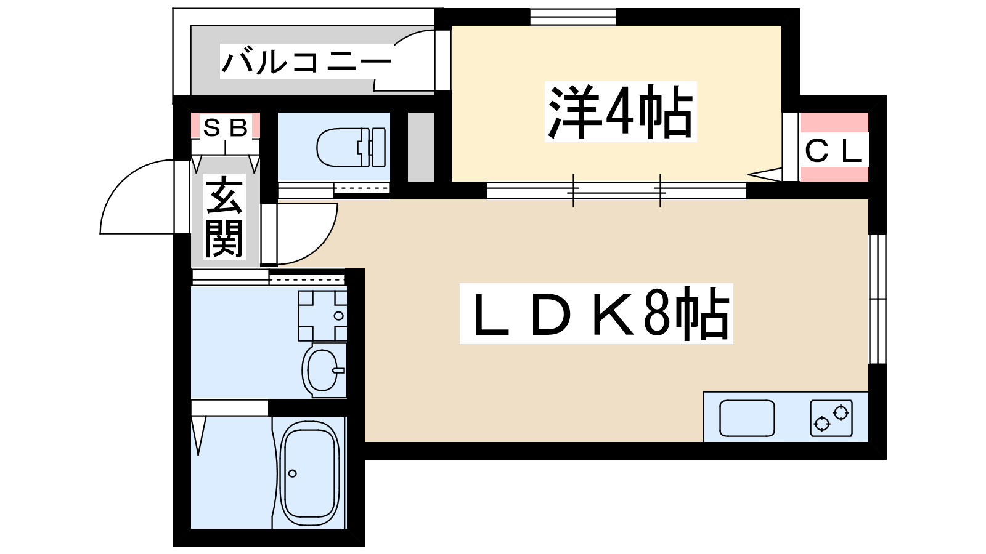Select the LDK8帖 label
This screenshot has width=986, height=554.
[597, 314]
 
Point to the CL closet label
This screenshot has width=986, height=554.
[833, 151]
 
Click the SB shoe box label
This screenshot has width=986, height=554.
[225, 128]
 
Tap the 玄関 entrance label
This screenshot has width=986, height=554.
[224, 217]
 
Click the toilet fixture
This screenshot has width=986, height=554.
[350, 148]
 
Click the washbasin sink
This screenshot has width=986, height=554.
[322, 370]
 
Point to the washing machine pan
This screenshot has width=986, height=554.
[322, 316]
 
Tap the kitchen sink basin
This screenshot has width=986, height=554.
[747, 418]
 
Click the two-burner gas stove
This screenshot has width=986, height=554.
[831, 418]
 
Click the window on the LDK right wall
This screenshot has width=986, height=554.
[877, 299]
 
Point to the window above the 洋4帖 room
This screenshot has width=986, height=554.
[573, 17]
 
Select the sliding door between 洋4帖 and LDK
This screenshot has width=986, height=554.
[616, 191]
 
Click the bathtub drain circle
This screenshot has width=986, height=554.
[293, 473]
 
